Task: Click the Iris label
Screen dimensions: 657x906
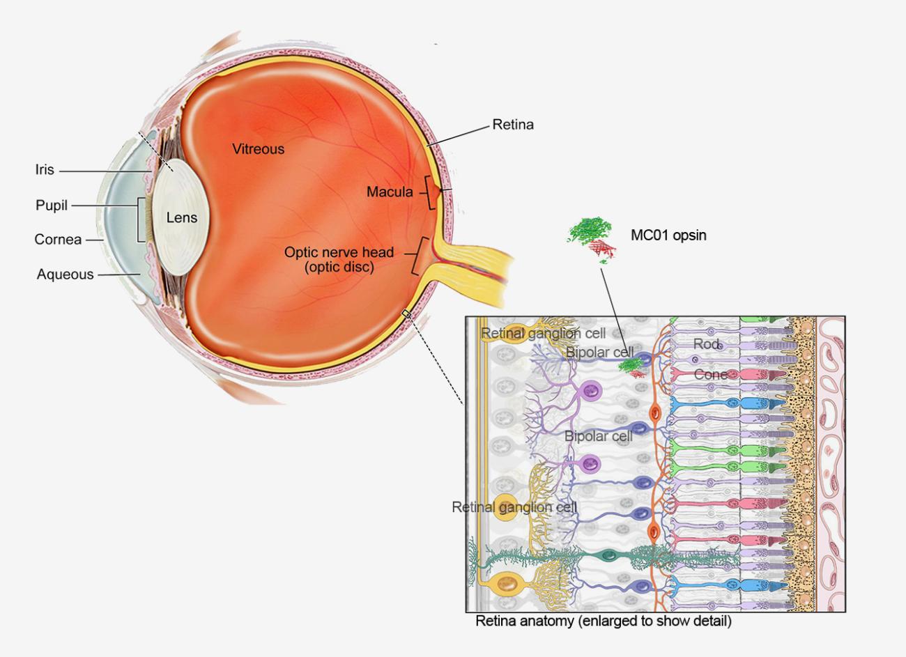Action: pos(45,170)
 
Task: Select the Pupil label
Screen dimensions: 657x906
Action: pos(52,206)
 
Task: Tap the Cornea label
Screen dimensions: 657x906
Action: pos(58,240)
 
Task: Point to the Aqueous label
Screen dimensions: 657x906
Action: pos(65,275)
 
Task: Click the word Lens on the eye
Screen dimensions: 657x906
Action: pos(182,217)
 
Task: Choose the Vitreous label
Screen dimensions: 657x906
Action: pos(258,148)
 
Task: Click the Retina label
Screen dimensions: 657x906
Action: pos(513,125)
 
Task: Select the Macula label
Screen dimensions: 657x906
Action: pos(390,192)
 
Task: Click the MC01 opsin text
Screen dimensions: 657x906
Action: pos(668,235)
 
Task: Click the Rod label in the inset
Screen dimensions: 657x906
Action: pos(706,344)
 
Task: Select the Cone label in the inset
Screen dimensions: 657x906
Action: pos(710,375)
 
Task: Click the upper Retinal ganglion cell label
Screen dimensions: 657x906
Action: pos(543,334)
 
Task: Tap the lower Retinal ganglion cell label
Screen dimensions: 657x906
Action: pos(514,507)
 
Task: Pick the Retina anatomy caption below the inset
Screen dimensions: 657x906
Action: pos(603,621)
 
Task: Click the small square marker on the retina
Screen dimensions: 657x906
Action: pos(406,315)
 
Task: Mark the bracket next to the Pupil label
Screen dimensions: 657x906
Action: pos(141,219)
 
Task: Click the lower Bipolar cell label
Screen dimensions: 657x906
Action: pos(599,436)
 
